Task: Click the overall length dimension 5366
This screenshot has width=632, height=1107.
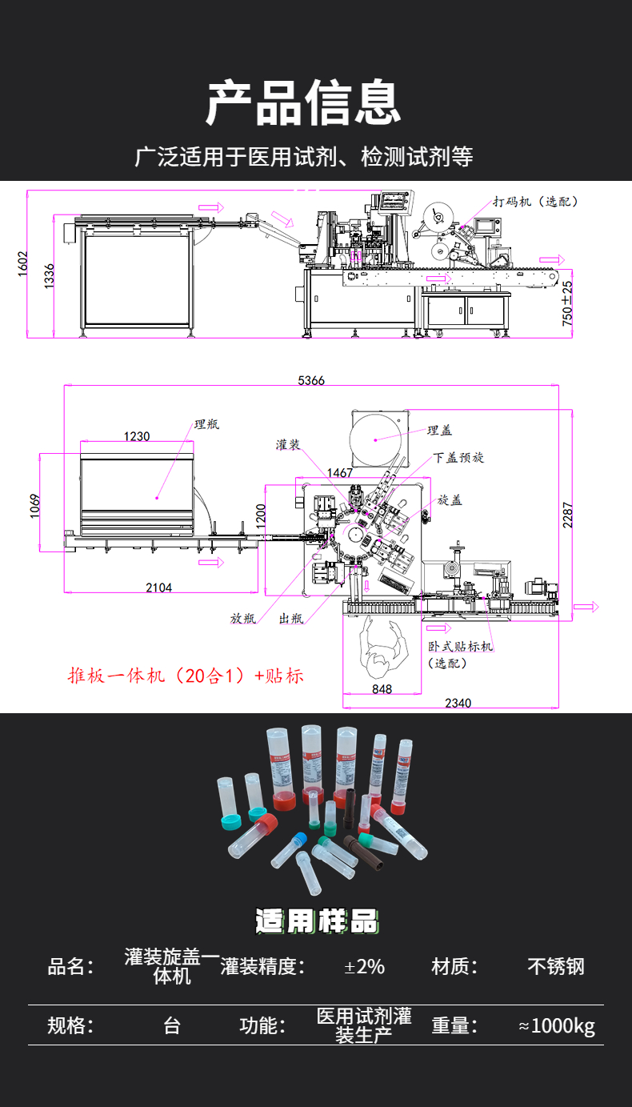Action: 311,380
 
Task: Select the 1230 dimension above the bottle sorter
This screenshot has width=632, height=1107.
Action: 137,436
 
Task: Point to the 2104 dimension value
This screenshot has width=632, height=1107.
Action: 159,588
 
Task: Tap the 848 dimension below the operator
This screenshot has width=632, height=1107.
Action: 382,689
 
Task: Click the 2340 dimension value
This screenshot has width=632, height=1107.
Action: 458,703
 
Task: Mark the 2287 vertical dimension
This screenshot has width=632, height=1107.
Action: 567,515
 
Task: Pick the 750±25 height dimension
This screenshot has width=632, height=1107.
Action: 567,303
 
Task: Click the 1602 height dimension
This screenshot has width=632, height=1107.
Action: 22,264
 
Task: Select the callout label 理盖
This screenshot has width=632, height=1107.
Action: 439,431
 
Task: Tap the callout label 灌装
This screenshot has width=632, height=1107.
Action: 288,445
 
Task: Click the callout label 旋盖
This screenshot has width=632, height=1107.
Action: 450,500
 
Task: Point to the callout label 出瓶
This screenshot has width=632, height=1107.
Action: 291,618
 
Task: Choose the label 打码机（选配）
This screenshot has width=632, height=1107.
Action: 536,201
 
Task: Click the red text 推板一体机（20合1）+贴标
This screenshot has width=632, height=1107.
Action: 186,676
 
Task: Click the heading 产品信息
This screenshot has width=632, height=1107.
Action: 303,102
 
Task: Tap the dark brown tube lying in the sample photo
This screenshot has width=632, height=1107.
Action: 363,853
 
